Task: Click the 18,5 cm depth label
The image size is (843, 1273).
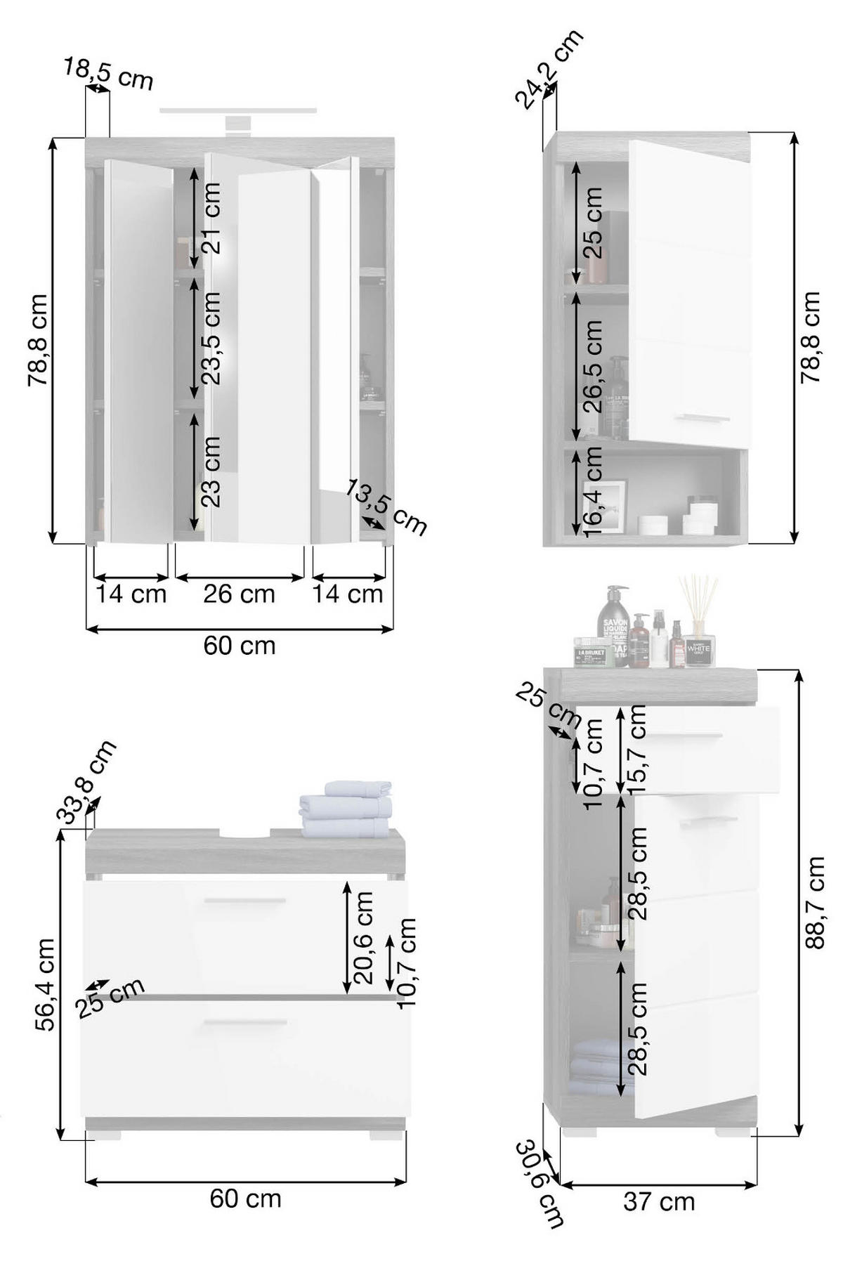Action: click(x=109, y=74)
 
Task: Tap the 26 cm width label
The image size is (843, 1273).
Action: click(x=239, y=594)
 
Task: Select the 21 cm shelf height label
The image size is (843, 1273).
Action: click(x=211, y=218)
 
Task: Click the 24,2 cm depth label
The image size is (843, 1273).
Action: click(x=549, y=69)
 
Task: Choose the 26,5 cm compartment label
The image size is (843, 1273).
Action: click(x=593, y=365)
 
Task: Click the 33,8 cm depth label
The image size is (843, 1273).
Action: click(x=86, y=782)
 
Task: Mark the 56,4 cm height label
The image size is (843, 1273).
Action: click(x=45, y=984)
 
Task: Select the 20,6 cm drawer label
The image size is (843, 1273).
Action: click(x=364, y=937)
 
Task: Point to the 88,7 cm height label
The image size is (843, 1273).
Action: click(x=815, y=902)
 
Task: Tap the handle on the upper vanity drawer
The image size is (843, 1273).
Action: click(x=245, y=900)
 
